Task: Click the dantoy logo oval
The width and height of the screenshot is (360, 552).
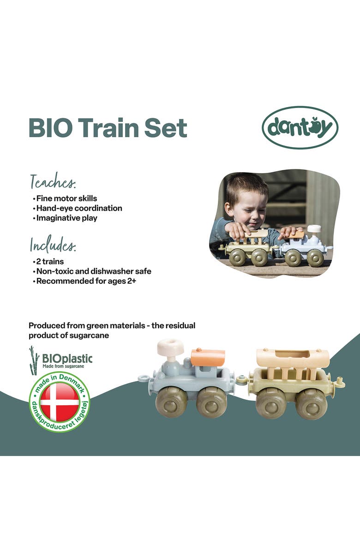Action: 300,127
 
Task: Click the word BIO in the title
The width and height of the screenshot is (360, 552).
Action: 49,127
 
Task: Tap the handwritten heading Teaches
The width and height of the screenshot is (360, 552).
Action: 53,182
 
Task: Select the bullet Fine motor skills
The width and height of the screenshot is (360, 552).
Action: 66,198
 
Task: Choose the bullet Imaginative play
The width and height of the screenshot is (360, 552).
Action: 66,218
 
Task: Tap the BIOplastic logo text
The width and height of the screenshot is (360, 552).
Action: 67,358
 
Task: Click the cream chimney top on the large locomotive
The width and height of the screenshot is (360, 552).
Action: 171,348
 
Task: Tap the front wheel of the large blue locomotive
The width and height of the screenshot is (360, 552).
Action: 171,402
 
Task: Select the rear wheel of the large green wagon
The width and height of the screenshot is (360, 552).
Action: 311,403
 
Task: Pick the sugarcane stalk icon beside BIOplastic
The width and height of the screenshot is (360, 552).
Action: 33,360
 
